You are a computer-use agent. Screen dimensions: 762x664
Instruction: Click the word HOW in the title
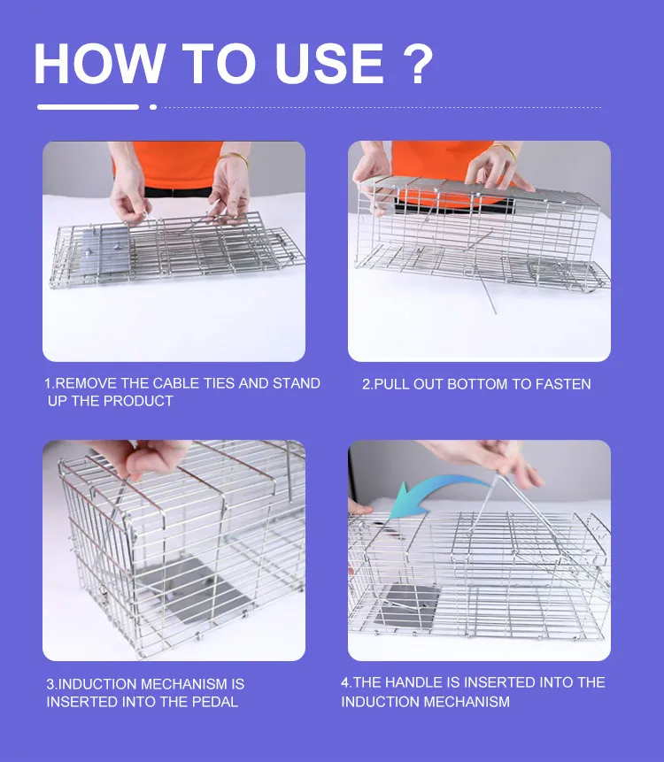pyautogui.click(x=99, y=63)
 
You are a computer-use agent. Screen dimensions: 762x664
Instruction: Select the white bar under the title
pyautogui.click(x=88, y=107)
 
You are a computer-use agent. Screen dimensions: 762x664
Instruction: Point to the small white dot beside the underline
pyautogui.click(x=153, y=107)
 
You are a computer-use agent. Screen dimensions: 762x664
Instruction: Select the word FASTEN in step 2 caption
pyautogui.click(x=562, y=384)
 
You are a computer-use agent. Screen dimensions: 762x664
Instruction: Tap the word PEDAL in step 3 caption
pyautogui.click(x=216, y=702)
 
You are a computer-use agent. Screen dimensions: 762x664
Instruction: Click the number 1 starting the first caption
pyautogui.click(x=48, y=384)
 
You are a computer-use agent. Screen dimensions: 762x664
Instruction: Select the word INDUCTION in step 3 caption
pyautogui.click(x=105, y=684)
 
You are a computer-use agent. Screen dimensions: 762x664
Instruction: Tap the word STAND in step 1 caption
pyautogui.click(x=297, y=384)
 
